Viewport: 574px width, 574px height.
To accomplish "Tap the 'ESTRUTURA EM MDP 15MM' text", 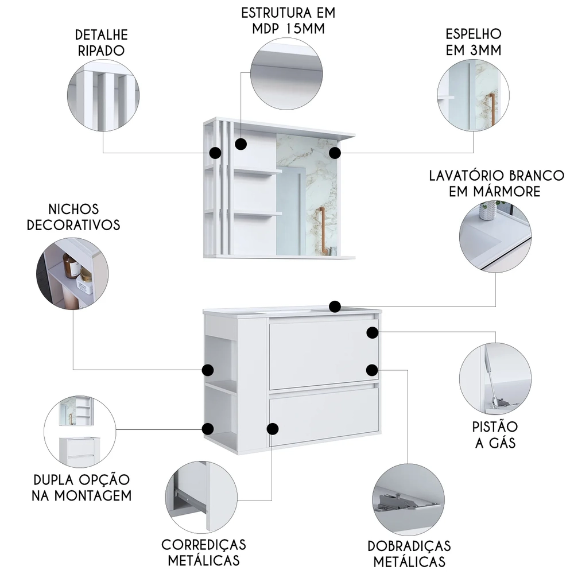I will point(288,21).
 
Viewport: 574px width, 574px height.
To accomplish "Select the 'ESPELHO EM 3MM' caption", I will point(474,42).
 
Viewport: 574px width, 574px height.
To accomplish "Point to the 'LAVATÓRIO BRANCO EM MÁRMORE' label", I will point(488,183).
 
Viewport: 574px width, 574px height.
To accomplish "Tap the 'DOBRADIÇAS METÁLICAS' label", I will point(409,553).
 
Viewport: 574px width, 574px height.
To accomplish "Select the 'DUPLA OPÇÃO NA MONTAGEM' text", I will point(82,487).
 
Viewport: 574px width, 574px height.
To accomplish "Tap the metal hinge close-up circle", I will point(409,499).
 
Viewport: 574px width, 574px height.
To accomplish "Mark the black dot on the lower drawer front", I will point(273,428).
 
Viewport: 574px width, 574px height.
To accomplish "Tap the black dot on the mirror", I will point(335,153).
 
